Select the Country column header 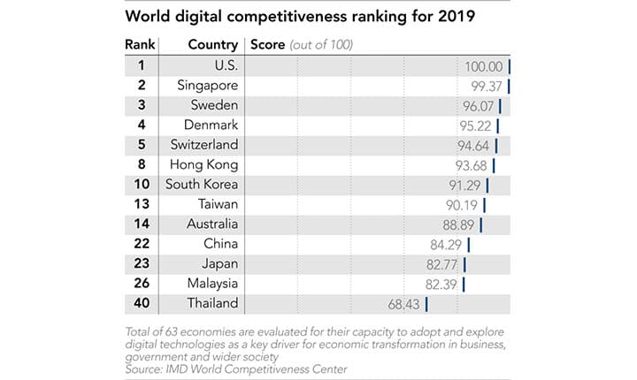(x=212, y=45)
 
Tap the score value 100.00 (x=483, y=66)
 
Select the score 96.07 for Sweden (x=479, y=105)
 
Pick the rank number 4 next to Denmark (x=142, y=125)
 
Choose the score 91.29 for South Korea (x=465, y=185)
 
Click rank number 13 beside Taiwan (x=142, y=204)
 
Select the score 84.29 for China (x=447, y=244)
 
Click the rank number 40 (x=142, y=303)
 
